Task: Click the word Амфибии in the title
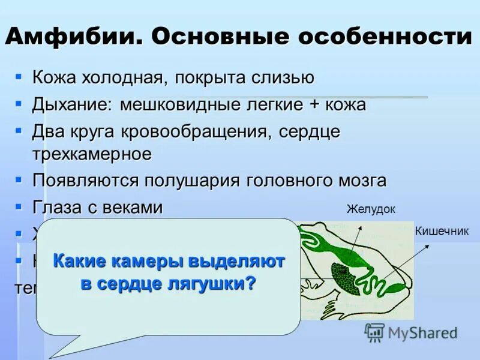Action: [x=71, y=37]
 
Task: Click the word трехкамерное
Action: [x=92, y=154]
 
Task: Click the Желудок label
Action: [x=371, y=209]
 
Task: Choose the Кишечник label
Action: [x=442, y=231]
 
